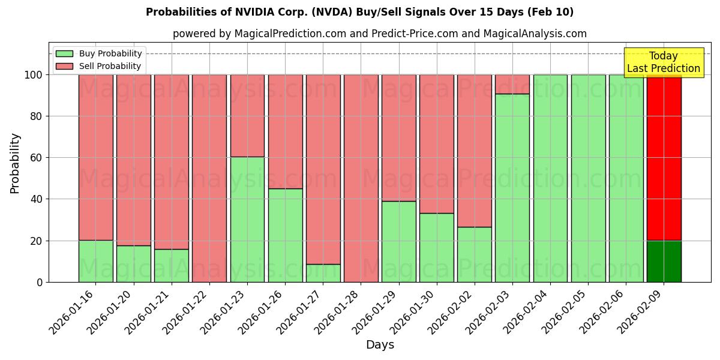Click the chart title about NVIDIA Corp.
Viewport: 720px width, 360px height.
tap(359, 12)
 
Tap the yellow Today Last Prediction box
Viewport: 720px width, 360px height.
tap(663, 62)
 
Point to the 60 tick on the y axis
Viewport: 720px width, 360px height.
tap(37, 158)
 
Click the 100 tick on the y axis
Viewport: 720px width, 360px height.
tap(35, 75)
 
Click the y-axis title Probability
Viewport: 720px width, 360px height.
tap(15, 163)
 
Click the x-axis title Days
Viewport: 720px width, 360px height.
tap(380, 344)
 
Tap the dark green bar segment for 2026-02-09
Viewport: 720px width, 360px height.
tap(664, 261)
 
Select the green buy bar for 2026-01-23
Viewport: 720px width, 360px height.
tap(247, 219)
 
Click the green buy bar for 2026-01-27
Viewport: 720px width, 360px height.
tap(323, 273)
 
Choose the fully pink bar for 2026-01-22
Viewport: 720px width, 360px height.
tap(209, 178)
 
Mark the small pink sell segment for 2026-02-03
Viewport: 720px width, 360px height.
tap(512, 84)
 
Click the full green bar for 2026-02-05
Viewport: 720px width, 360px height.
tap(588, 178)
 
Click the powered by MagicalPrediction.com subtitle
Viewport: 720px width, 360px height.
tap(380, 34)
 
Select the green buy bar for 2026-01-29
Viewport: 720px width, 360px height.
tap(398, 241)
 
